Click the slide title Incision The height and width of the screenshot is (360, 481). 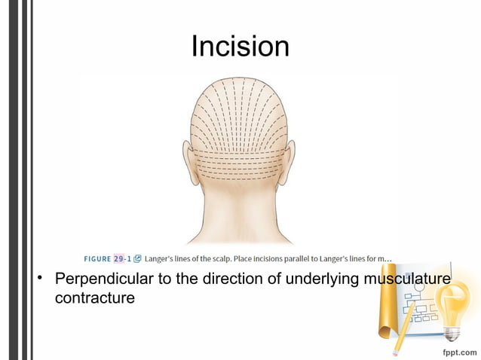coord(240,47)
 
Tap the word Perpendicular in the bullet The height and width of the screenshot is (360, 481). coord(103,279)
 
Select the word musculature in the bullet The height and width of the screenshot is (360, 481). coord(407,279)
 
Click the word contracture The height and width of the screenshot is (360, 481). coord(94,298)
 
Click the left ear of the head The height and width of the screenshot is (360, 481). coord(188,159)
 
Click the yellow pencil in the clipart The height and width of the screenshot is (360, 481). coord(403,331)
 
